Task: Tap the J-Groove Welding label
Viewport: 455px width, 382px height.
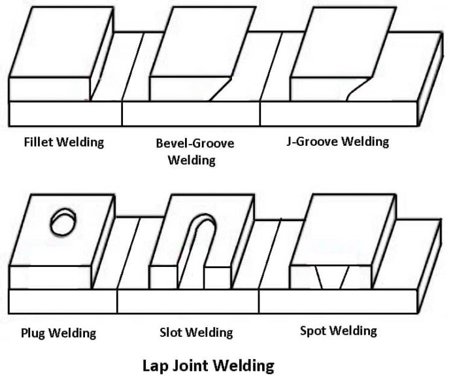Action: click(x=337, y=141)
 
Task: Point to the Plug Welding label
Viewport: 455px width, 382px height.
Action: click(x=58, y=333)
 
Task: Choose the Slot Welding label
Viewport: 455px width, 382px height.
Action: click(x=195, y=332)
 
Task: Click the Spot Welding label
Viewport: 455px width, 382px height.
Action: click(x=338, y=330)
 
